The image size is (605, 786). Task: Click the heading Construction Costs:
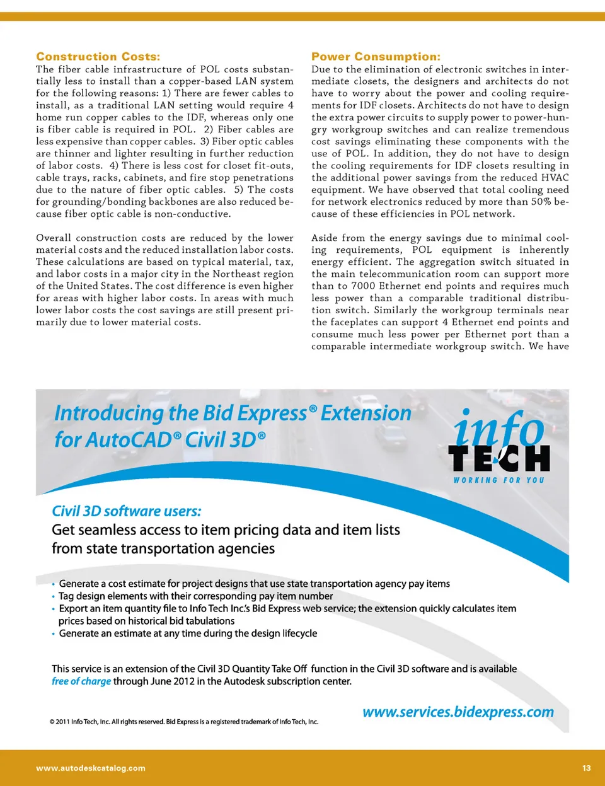[x=98, y=57]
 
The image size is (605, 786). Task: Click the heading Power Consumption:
[x=376, y=57]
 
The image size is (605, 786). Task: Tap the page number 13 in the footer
[x=586, y=768]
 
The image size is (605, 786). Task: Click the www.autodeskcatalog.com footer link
[x=91, y=768]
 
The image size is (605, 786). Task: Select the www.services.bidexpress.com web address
[x=458, y=712]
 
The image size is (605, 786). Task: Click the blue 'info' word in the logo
[x=498, y=429]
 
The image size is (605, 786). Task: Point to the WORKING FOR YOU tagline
[x=498, y=480]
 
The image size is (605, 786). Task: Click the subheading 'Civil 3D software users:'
[x=127, y=511]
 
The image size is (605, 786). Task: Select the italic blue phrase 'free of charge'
[x=81, y=681]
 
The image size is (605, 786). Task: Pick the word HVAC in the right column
[x=555, y=178]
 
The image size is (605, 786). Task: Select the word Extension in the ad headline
[x=366, y=413]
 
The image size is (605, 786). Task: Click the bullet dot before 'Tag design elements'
[x=54, y=596]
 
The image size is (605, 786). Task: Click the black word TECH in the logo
[x=498, y=458]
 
